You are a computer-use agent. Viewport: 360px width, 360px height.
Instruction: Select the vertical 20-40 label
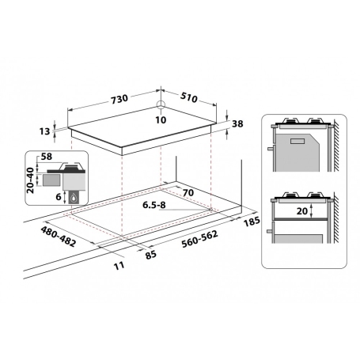31,180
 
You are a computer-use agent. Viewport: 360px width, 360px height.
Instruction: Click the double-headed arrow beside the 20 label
313,211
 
